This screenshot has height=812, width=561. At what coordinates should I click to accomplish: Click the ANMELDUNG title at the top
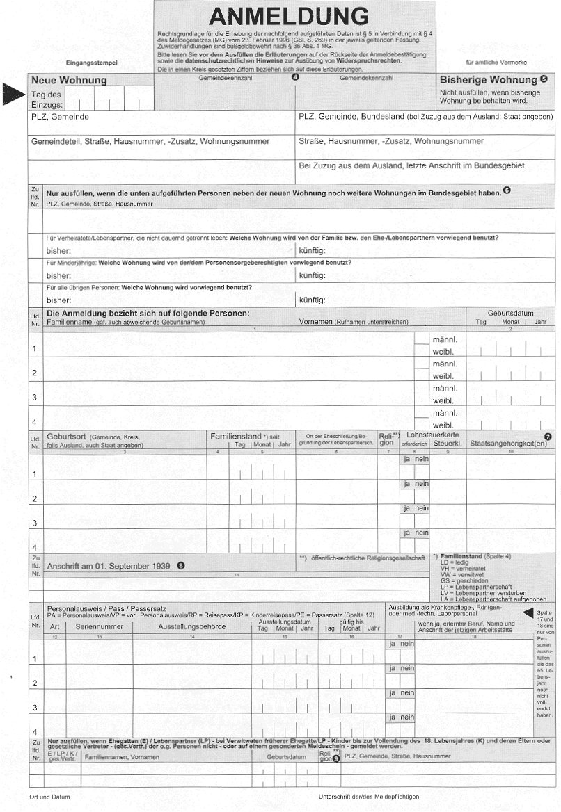[288, 16]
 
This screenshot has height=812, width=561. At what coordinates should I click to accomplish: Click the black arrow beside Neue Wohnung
[13, 95]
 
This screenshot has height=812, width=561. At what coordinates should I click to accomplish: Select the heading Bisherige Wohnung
[489, 80]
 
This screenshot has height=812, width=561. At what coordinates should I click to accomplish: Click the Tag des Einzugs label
[47, 99]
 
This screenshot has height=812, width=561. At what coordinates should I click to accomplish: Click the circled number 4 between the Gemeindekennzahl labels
[294, 77]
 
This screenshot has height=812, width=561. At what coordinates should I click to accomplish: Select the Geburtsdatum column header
[510, 313]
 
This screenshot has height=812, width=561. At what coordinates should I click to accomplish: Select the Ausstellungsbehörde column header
[191, 626]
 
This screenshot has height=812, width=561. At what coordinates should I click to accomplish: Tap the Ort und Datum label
[49, 797]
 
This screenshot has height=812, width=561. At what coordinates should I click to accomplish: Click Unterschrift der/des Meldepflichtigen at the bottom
[368, 797]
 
